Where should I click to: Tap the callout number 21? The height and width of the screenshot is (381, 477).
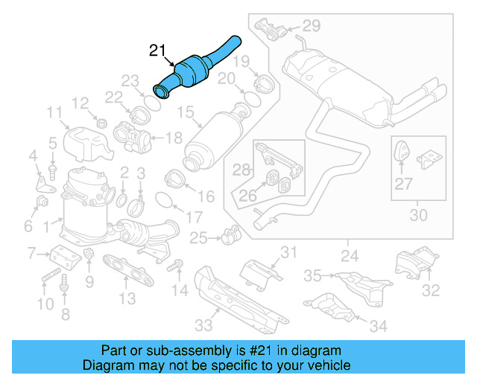[x=157, y=51]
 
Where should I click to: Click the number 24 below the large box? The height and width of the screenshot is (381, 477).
[x=348, y=257]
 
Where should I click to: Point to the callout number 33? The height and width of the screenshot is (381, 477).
[x=203, y=325]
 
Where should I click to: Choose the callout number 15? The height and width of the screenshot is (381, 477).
[x=185, y=112]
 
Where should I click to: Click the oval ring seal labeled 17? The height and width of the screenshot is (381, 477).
[x=165, y=199]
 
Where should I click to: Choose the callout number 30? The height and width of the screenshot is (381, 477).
[x=419, y=216]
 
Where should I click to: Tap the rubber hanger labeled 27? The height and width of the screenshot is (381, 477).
[x=400, y=151]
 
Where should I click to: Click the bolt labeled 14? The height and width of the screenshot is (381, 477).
[x=176, y=265]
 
